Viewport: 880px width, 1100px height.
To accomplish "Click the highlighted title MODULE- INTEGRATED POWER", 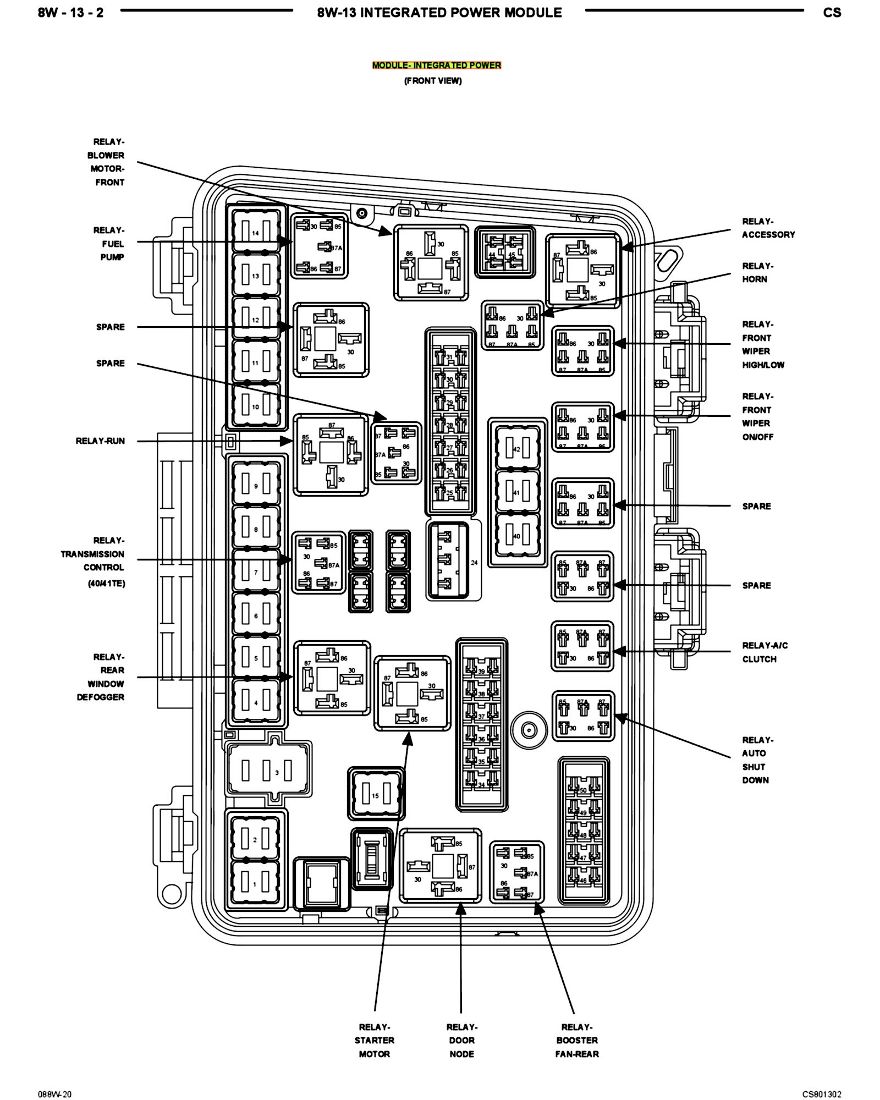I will tap(436, 65).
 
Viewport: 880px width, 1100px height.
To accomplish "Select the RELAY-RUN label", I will tap(100, 441).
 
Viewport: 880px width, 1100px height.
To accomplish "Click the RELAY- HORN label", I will tap(757, 273).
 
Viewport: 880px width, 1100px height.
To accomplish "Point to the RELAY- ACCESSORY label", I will tap(768, 228).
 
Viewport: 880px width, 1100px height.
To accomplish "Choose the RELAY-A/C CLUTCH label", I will tap(764, 652).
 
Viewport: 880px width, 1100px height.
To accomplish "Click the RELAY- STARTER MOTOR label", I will tap(375, 1041).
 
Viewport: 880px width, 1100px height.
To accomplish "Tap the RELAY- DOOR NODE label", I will tap(461, 1041).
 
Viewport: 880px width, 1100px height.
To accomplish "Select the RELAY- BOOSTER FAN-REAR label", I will tap(577, 1041).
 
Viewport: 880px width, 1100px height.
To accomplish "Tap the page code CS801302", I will tap(821, 1094).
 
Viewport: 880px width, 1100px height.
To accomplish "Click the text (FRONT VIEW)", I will tap(433, 81).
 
